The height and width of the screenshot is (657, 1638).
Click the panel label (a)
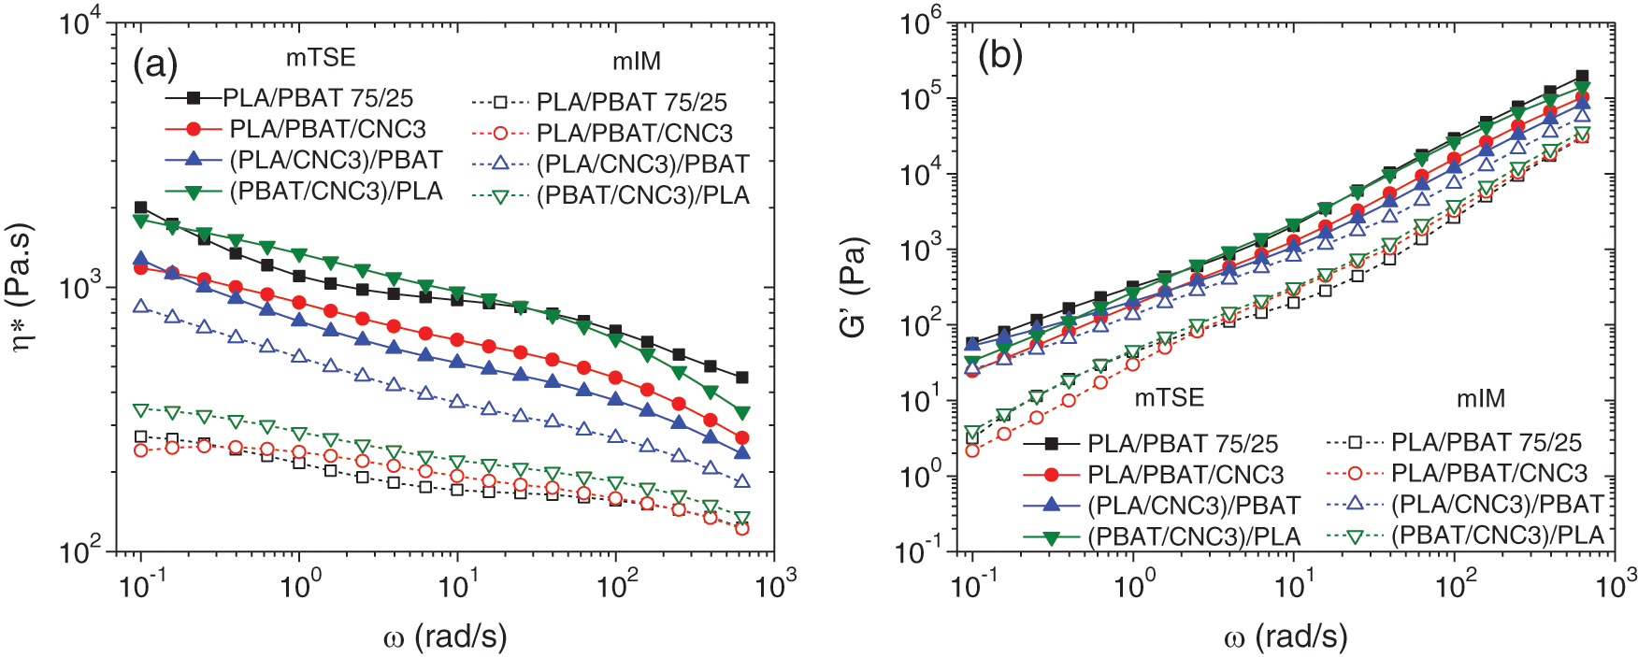155,65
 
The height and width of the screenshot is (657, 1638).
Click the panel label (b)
999,56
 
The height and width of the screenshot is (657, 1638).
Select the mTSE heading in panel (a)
321,58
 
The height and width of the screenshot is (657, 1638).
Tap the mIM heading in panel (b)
1481,399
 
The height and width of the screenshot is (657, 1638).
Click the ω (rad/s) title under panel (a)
445,637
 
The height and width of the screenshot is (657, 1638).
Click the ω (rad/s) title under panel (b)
1286,637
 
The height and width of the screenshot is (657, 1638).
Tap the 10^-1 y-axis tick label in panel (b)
921,551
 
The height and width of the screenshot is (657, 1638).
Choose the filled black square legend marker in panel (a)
194,97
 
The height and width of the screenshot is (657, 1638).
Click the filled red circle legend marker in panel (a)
194,128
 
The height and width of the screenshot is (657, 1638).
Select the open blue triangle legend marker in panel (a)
500,164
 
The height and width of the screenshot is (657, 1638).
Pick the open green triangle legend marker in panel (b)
1354,536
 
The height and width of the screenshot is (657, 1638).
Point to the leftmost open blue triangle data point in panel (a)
141,306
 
